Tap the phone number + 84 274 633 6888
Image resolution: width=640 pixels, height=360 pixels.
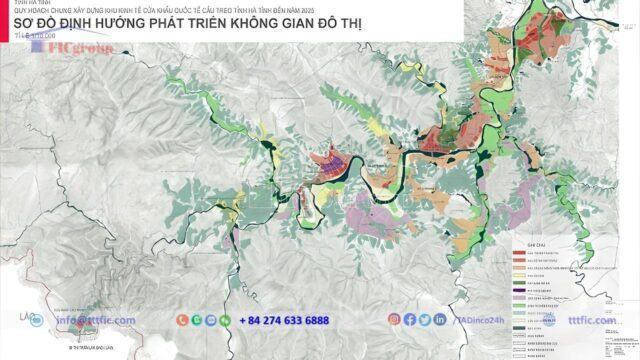coord(284,320)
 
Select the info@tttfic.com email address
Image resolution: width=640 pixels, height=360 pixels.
coord(95,320)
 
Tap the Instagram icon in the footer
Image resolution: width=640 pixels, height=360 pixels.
coord(393,320)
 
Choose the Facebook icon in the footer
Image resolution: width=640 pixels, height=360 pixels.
coord(409,320)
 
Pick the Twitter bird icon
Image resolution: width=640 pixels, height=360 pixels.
coord(424,320)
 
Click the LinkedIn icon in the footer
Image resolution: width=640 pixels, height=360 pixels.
coord(440,320)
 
